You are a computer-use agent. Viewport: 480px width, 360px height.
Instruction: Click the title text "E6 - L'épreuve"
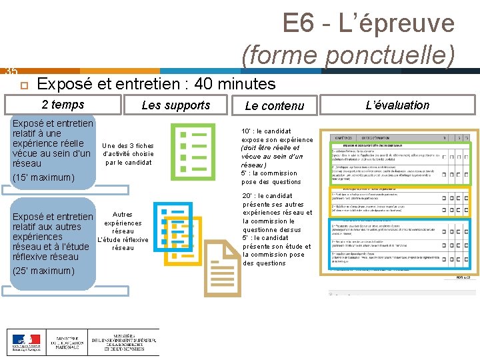coord(368,24)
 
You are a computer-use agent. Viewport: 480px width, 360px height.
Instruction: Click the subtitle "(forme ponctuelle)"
coord(348,54)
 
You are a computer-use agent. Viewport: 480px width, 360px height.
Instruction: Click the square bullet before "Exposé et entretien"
coord(23,85)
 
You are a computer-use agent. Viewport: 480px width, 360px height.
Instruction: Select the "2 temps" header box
coord(63,105)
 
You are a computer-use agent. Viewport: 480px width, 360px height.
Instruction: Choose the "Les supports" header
coord(176,105)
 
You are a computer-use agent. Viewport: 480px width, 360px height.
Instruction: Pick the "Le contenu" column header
coord(274,105)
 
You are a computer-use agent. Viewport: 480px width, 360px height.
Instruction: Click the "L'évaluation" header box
coord(398,105)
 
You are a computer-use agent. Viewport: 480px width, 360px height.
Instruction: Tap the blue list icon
coord(173,227)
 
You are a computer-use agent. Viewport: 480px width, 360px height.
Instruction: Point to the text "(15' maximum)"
coord(42,177)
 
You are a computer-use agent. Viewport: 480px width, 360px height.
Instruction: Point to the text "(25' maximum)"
coord(42,271)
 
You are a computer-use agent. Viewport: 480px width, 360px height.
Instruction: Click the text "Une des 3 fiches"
coord(128,145)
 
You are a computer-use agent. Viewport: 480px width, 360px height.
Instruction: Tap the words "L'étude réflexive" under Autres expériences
coord(123,240)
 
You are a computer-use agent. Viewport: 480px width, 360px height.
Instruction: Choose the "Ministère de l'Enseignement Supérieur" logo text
coord(125,343)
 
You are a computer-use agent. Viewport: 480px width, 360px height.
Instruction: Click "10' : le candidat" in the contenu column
coord(266,131)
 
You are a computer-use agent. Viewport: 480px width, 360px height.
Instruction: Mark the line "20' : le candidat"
coord(267,196)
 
